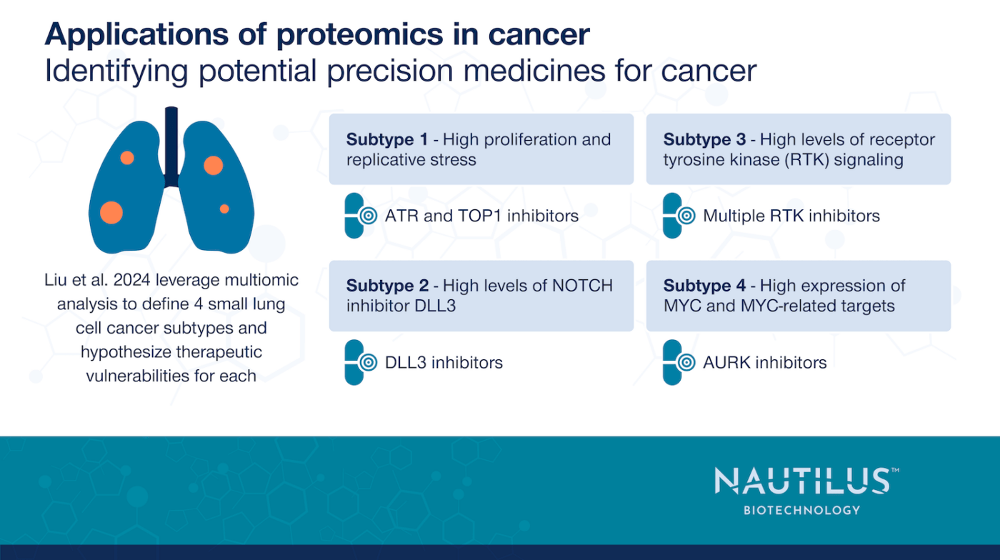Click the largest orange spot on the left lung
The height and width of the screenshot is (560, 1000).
click(111, 212)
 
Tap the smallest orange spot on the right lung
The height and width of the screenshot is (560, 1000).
click(224, 209)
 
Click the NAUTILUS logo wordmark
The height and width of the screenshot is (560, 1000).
click(802, 481)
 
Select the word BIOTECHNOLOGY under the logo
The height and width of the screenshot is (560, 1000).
click(802, 510)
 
